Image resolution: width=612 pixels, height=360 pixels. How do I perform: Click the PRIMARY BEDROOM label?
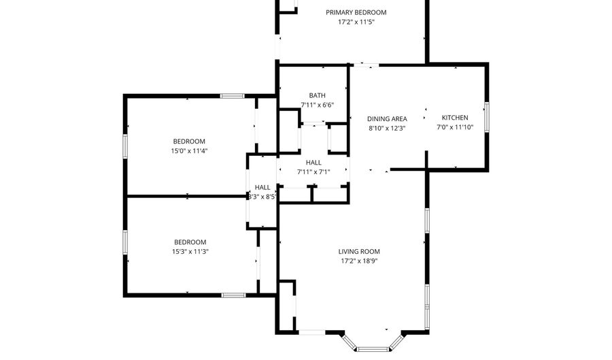tap(356, 12)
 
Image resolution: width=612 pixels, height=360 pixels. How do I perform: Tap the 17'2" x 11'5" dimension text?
tap(356, 22)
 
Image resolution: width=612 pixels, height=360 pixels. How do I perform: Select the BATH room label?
tap(318, 95)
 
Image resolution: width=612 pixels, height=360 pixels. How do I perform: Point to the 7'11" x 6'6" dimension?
tap(318, 105)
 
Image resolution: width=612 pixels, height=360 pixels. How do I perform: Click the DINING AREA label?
tap(387, 118)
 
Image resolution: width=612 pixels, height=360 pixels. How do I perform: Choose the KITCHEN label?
tap(455, 118)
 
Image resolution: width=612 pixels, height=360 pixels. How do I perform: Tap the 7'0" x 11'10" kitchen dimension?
tap(455, 127)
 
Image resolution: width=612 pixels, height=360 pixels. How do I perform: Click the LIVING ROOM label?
tap(359, 251)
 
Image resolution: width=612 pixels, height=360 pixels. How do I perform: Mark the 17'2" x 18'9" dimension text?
tap(359, 261)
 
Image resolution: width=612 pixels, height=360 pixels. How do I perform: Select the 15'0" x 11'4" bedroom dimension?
tap(189, 151)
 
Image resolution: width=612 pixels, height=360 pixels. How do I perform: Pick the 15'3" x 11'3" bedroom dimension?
tap(190, 252)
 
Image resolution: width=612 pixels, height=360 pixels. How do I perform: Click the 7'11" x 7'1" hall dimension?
tap(313, 171)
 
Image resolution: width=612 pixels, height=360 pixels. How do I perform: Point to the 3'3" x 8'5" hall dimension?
tap(262, 197)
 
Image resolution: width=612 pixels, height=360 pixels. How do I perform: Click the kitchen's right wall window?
tap(487, 117)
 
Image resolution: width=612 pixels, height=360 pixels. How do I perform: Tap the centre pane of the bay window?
tap(373, 349)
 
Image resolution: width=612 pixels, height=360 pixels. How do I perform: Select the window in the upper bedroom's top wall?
tap(233, 96)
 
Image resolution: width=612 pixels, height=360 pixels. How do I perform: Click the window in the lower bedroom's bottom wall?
tap(233, 295)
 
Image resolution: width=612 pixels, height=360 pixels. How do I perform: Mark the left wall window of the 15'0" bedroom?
tap(125, 146)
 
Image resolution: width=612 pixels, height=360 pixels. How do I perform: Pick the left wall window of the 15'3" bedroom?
tap(125, 242)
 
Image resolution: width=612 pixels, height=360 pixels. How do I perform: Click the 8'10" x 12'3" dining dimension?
tap(387, 129)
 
